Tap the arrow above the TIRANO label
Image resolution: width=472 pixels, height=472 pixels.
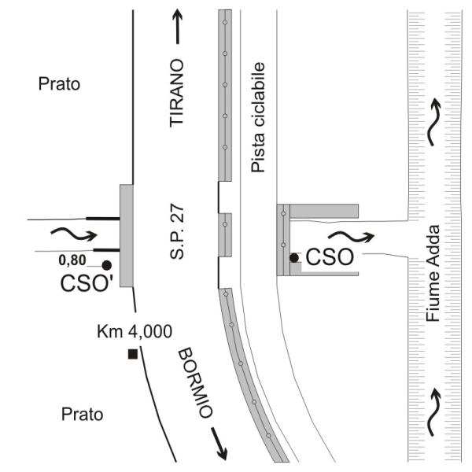click(x=178, y=31)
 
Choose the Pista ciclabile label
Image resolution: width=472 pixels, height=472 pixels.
click(x=257, y=118)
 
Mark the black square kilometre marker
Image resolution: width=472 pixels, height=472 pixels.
click(x=132, y=355)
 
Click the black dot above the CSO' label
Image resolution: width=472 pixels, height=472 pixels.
click(x=105, y=265)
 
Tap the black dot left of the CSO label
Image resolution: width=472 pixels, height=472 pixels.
click(x=293, y=257)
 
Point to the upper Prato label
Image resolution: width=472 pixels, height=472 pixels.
click(x=60, y=83)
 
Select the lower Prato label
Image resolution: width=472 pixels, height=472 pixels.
click(x=60, y=413)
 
